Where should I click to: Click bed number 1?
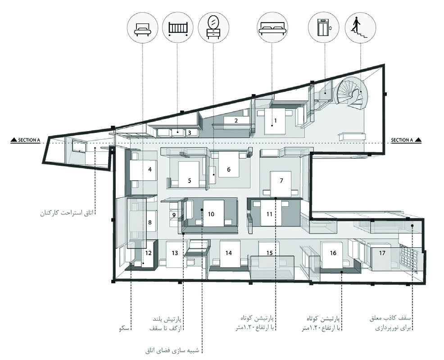[x=275, y=121]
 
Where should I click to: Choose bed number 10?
[x=213, y=213]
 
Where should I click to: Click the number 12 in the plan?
[x=149, y=253]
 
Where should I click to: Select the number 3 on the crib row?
[x=190, y=132]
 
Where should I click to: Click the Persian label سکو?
[x=124, y=328]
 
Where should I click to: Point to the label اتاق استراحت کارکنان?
[x=67, y=212]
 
